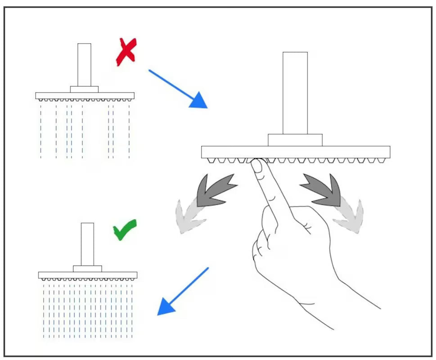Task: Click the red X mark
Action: click(x=126, y=52)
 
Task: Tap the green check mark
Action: click(x=125, y=230)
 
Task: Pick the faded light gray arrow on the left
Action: click(x=189, y=216)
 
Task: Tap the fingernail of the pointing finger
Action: click(x=257, y=166)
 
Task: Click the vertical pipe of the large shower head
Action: click(x=295, y=93)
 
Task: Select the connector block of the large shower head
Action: click(x=295, y=140)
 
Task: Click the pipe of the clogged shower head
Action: click(x=84, y=64)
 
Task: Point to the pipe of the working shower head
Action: click(x=87, y=244)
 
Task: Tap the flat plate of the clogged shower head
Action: click(x=85, y=95)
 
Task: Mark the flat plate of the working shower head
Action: click(x=88, y=275)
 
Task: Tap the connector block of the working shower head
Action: click(x=87, y=269)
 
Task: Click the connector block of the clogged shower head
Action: click(x=84, y=89)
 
